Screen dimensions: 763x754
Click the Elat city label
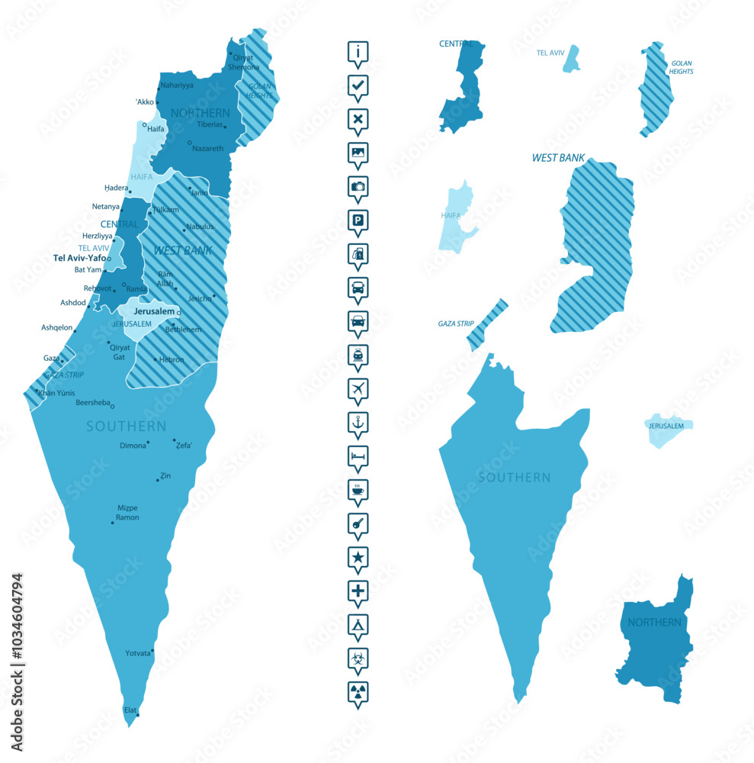pyautogui.click(x=130, y=710)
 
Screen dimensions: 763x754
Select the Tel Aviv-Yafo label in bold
pyautogui.click(x=79, y=258)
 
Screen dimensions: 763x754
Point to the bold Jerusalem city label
pyautogui.click(x=154, y=311)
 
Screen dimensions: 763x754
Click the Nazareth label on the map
pyautogui.click(x=208, y=148)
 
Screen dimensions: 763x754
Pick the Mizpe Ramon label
pyautogui.click(x=127, y=513)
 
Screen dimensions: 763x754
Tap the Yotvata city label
pyautogui.click(x=139, y=653)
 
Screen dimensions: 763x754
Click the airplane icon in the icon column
pyautogui.click(x=358, y=388)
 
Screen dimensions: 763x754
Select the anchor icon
pyautogui.click(x=358, y=422)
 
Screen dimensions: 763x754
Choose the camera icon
pyautogui.click(x=358, y=186)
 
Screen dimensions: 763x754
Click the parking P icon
pyautogui.click(x=358, y=220)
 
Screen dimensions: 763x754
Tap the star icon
pyautogui.click(x=358, y=557)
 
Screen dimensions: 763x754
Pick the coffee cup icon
pyautogui.click(x=358, y=489)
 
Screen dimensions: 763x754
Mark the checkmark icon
pyautogui.click(x=358, y=85)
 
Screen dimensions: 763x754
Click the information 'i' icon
pyautogui.click(x=358, y=51)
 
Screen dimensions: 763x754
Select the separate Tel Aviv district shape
pyautogui.click(x=571, y=59)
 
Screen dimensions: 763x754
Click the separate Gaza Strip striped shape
pyautogui.click(x=487, y=324)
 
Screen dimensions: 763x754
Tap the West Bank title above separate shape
pyautogui.click(x=558, y=159)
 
